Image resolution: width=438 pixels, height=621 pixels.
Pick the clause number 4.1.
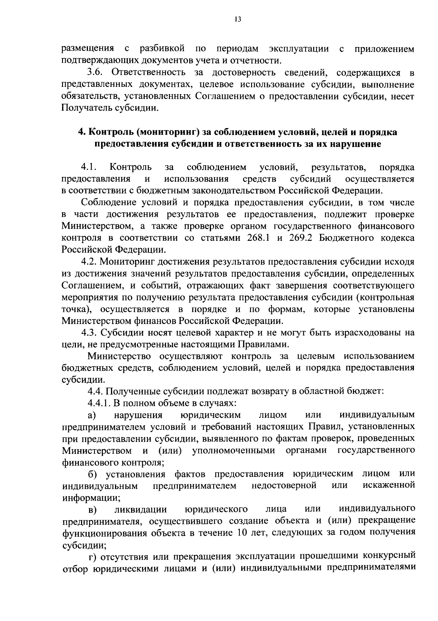click(88, 167)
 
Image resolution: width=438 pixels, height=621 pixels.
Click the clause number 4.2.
click(89, 262)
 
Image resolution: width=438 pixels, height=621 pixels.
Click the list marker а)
click(92, 415)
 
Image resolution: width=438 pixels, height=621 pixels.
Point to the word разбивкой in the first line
click(162, 49)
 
